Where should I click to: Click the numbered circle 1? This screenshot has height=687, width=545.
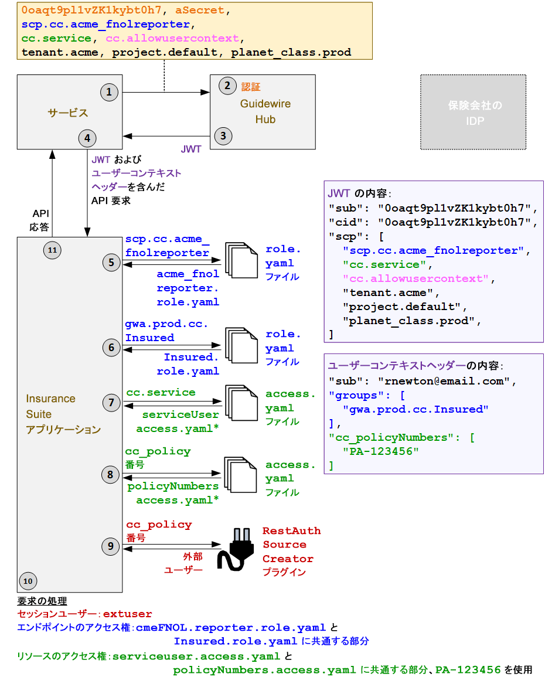pyautogui.click(x=109, y=91)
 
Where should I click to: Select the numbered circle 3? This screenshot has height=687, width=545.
pyautogui.click(x=223, y=136)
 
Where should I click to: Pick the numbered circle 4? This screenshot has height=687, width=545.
pyautogui.click(x=87, y=138)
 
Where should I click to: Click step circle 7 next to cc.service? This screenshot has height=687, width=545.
pyautogui.click(x=111, y=402)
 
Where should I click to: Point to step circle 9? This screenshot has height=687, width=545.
pyautogui.click(x=111, y=546)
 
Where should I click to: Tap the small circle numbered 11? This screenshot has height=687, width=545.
pyautogui.click(x=52, y=250)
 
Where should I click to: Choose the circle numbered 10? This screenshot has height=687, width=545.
pyautogui.click(x=28, y=581)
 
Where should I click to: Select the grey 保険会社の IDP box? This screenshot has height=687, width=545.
pyautogui.click(x=473, y=113)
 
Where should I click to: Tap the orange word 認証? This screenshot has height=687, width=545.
pyautogui.click(x=251, y=87)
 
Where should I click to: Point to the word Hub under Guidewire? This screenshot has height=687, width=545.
pyautogui.click(x=265, y=120)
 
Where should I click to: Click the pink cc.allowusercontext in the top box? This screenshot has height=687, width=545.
pyautogui.click(x=172, y=38)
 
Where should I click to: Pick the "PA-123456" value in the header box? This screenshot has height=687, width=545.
pyautogui.click(x=376, y=452)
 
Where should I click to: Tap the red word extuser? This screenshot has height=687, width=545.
pyautogui.click(x=127, y=614)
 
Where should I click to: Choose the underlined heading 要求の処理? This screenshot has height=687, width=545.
pyautogui.click(x=42, y=601)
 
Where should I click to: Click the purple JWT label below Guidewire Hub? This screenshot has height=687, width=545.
pyautogui.click(x=191, y=149)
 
